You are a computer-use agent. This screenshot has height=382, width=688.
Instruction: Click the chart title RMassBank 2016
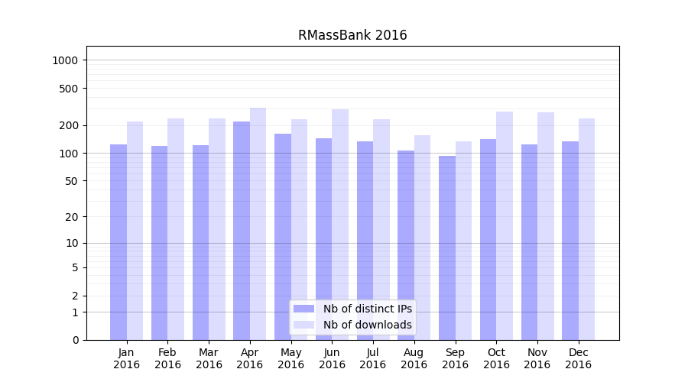(x=352, y=35)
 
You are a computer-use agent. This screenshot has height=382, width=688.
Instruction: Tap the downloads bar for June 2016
(x=340, y=225)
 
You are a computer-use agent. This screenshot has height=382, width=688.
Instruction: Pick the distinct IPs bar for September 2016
(x=447, y=248)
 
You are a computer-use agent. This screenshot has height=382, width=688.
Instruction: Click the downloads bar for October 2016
(x=505, y=225)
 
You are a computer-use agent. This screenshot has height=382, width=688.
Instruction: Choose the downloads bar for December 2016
(x=586, y=229)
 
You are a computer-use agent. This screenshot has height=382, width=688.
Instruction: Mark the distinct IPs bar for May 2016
(x=283, y=237)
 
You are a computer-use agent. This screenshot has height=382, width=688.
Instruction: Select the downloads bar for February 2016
(x=176, y=229)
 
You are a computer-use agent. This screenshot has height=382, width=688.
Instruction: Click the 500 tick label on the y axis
(x=70, y=89)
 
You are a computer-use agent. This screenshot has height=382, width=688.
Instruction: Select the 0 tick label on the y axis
(x=76, y=340)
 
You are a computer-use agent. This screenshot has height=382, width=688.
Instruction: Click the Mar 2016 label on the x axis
(x=209, y=358)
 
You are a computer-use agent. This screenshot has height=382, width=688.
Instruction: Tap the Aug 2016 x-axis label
(x=414, y=358)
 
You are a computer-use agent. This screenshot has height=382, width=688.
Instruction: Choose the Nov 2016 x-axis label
(x=537, y=358)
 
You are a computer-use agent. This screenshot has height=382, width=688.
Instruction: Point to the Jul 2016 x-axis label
(x=373, y=358)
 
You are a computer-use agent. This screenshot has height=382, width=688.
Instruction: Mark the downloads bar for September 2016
(x=463, y=241)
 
